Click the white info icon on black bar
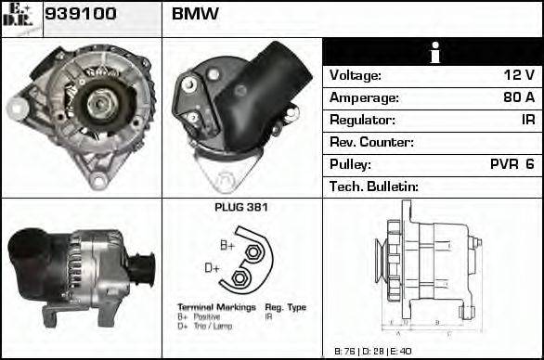click(x=433, y=52)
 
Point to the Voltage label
click(x=356, y=75)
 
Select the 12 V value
click(x=519, y=75)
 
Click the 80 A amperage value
click(x=517, y=97)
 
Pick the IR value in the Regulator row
click(x=526, y=120)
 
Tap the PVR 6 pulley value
click(x=512, y=164)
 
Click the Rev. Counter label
click(x=371, y=142)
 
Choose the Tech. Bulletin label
click(x=374, y=186)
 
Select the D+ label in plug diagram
click(x=212, y=268)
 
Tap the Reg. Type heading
click(x=285, y=307)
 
